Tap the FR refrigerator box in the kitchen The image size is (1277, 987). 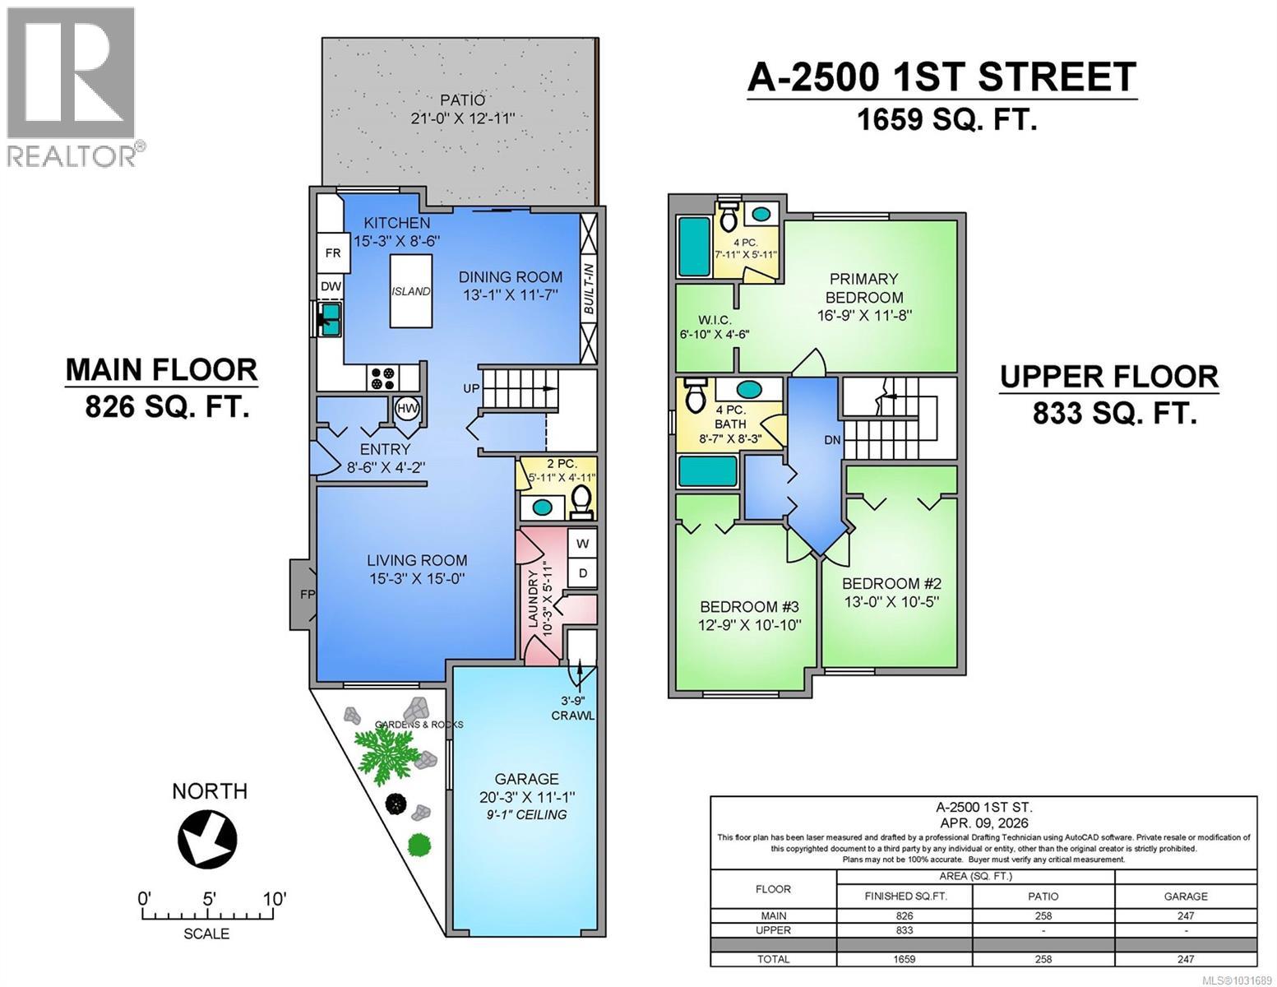click(332, 253)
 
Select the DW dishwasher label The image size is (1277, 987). click(331, 286)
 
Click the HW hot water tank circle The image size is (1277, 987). click(406, 408)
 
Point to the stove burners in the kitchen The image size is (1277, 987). click(382, 378)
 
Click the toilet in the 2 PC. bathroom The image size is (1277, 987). click(581, 501)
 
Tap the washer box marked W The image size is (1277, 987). click(582, 544)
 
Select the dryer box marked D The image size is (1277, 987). click(582, 572)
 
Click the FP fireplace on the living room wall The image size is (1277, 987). click(302, 592)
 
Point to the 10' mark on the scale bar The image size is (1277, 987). click(274, 899)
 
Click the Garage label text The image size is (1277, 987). click(526, 779)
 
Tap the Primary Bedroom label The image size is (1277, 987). click(863, 288)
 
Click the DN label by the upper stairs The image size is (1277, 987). click(832, 440)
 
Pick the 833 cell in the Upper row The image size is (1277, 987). click(904, 930)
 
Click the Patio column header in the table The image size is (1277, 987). click(1043, 896)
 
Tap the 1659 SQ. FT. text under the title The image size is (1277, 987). click(946, 120)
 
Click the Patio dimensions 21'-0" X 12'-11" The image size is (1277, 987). click(462, 118)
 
